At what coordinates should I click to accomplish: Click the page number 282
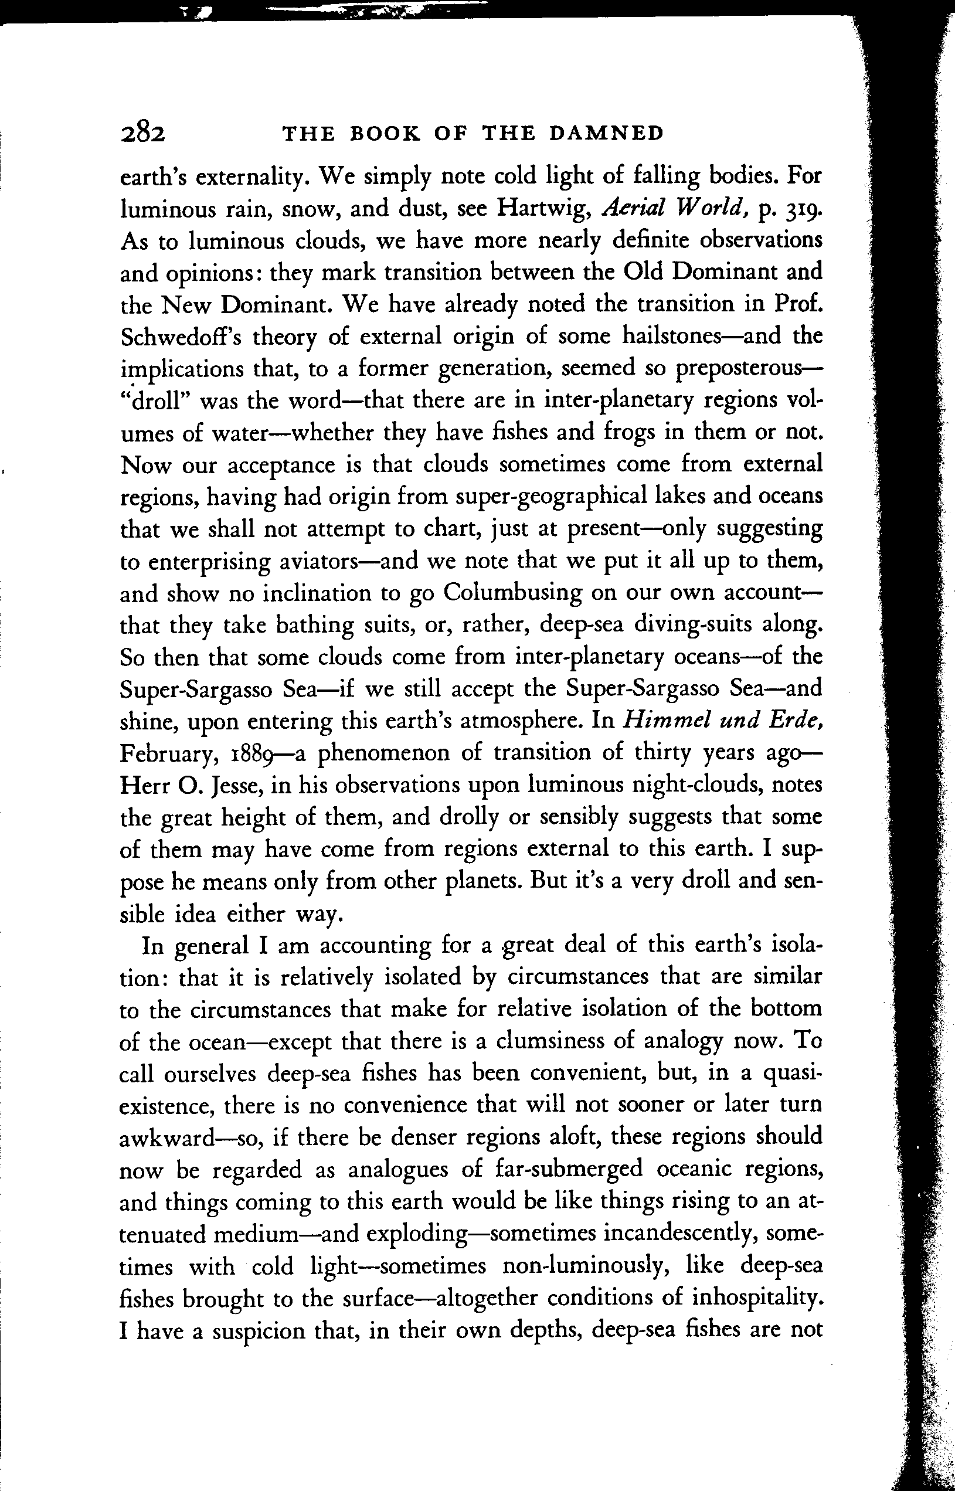[142, 132]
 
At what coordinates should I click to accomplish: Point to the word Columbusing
[512, 593]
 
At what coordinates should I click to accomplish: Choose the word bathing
[314, 625]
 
